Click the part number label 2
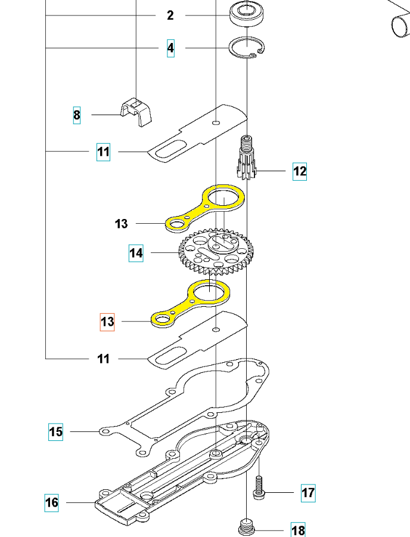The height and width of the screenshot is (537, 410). (170, 16)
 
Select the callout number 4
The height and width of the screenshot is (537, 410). (171, 48)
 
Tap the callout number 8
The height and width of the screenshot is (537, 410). (76, 115)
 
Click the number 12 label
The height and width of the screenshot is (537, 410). (299, 172)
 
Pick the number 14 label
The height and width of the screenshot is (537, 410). (136, 254)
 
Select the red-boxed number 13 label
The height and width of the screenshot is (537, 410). (107, 322)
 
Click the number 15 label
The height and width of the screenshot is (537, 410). (55, 431)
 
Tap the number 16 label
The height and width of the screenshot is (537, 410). (52, 502)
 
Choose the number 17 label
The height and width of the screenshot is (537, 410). (308, 493)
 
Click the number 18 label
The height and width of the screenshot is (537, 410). (298, 530)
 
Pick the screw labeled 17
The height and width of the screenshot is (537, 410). (259, 486)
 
